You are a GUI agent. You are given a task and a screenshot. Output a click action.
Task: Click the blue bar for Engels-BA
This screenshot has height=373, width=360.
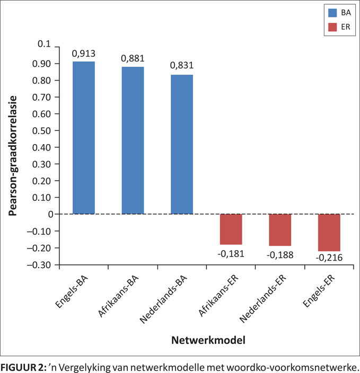click(84, 138)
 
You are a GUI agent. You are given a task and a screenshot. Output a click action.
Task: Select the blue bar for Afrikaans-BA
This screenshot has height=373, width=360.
click(133, 140)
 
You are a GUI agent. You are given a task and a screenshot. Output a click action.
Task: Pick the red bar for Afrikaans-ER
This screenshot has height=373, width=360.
click(231, 229)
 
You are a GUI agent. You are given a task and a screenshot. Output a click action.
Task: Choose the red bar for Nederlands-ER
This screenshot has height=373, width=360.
click(280, 230)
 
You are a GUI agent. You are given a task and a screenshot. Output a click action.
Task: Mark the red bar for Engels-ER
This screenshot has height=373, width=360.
click(329, 232)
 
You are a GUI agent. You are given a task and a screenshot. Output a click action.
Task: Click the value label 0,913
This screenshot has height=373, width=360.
click(84, 54)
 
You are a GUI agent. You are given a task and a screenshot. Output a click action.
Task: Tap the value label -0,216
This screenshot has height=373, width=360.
click(329, 258)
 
